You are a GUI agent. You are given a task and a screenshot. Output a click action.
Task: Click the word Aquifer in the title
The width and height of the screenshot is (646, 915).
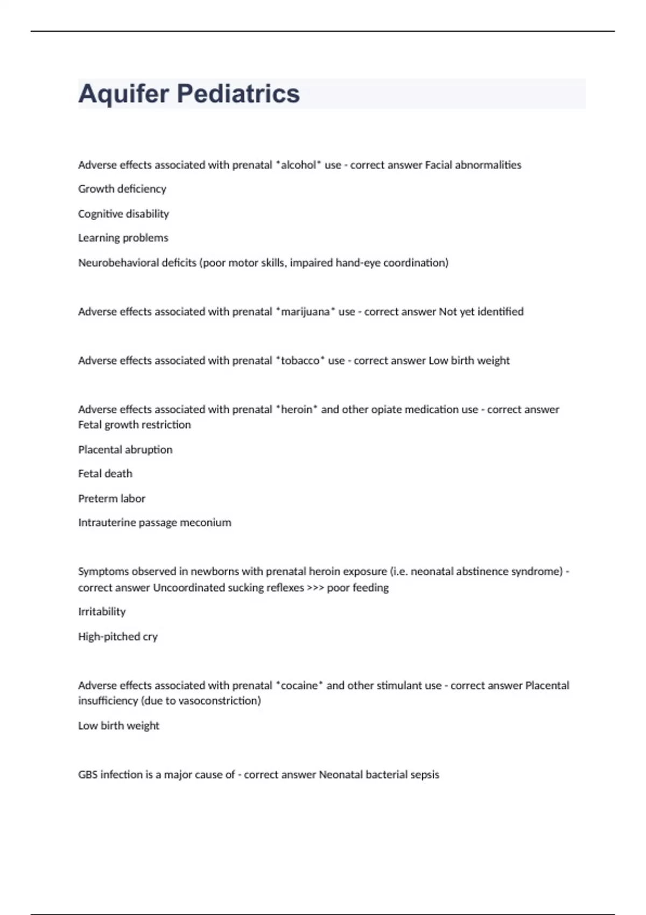(x=124, y=94)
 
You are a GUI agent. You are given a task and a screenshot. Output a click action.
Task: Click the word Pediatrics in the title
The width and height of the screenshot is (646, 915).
(x=238, y=94)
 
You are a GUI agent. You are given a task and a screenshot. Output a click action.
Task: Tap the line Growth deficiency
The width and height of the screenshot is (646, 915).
(x=122, y=189)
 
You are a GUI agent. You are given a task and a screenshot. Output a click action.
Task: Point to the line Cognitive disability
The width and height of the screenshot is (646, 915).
(x=123, y=214)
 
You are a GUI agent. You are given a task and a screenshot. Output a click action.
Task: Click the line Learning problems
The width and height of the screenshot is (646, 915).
(x=123, y=238)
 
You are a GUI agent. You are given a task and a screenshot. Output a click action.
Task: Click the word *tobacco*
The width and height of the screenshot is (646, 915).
(x=300, y=361)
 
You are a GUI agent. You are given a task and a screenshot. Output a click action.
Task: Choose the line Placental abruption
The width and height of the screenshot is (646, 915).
(x=125, y=449)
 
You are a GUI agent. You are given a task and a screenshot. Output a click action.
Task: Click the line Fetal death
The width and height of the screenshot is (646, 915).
(x=105, y=474)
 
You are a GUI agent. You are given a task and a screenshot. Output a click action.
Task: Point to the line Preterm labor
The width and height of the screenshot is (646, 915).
(x=111, y=498)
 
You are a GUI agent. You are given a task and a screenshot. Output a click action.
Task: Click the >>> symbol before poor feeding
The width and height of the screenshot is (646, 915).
(x=315, y=588)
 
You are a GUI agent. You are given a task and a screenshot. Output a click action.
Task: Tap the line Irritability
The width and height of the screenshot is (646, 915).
(x=102, y=611)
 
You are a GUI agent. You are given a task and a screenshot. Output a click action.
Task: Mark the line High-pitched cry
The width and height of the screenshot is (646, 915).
(x=117, y=636)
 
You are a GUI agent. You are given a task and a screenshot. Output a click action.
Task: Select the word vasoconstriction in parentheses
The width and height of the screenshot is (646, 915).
(x=218, y=701)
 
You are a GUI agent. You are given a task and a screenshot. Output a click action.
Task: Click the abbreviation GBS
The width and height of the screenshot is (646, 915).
(x=88, y=775)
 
